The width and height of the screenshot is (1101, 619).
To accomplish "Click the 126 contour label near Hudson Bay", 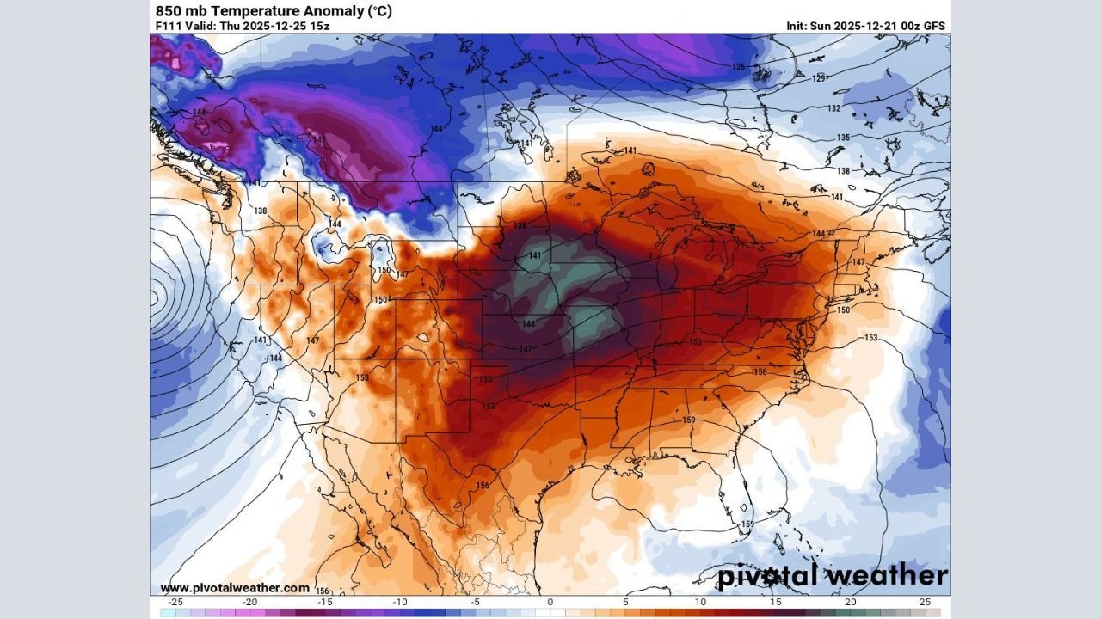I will click(x=738, y=67).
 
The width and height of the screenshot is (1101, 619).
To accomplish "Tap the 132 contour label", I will click(x=833, y=108).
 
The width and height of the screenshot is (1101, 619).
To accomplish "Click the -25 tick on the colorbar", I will click(x=175, y=602).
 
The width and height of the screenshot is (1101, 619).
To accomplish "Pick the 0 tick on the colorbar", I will click(x=550, y=602).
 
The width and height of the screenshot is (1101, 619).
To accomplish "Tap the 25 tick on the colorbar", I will click(x=925, y=602).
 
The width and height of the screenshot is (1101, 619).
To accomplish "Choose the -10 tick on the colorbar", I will click(x=400, y=602).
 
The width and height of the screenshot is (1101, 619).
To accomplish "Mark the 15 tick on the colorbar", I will click(x=775, y=602).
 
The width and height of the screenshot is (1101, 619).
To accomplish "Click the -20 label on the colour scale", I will click(x=250, y=602).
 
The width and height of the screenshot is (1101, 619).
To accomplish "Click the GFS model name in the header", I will click(x=933, y=26).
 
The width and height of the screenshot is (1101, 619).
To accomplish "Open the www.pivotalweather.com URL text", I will click(x=235, y=588).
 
